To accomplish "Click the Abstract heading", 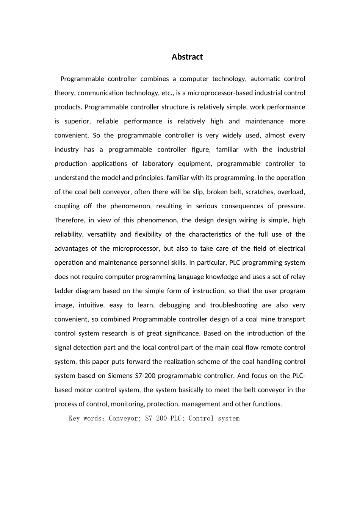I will click(187, 57).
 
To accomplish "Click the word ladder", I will click(64, 291).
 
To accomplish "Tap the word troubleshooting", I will click(234, 305).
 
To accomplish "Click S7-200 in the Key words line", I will click(156, 418).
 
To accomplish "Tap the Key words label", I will click(87, 418).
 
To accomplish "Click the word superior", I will click(77, 122).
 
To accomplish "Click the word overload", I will click(291, 192).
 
